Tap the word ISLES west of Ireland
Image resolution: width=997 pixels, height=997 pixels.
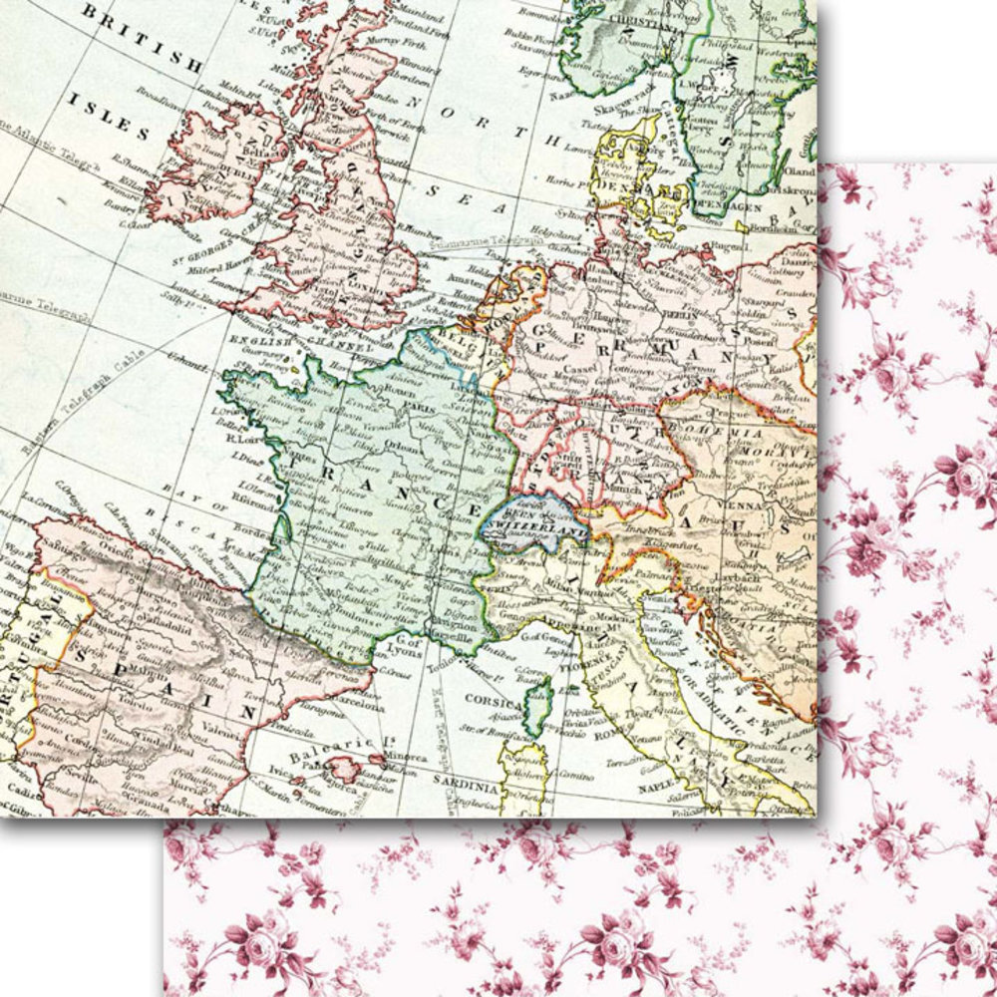[109, 116]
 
